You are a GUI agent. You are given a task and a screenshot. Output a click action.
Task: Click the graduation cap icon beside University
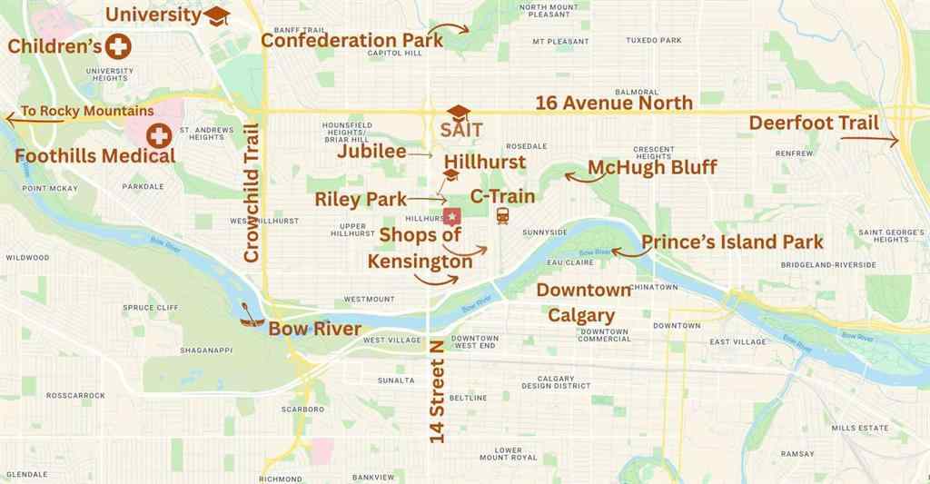point(217,15)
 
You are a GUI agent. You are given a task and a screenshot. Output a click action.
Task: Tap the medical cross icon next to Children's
point(118,46)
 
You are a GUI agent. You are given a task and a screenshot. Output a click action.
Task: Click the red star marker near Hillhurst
point(451,217)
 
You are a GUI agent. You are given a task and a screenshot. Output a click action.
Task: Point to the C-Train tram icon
point(502,216)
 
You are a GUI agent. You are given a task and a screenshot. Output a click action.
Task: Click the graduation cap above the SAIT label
point(459,113)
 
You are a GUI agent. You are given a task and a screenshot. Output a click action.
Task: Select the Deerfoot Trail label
point(813,123)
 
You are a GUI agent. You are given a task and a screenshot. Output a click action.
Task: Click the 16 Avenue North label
point(614,103)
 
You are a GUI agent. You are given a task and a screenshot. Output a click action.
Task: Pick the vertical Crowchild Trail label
point(252,193)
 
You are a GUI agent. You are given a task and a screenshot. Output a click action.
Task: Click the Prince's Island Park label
point(732,242)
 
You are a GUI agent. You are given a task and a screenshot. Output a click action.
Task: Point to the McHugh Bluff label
point(652,167)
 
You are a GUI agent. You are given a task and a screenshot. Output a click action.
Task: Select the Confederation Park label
point(351,40)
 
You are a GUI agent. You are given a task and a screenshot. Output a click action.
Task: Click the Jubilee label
point(371,152)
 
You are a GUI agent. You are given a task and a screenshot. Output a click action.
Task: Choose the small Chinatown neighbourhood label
point(654,287)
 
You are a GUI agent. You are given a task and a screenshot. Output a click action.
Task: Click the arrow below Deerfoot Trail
point(869,139)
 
